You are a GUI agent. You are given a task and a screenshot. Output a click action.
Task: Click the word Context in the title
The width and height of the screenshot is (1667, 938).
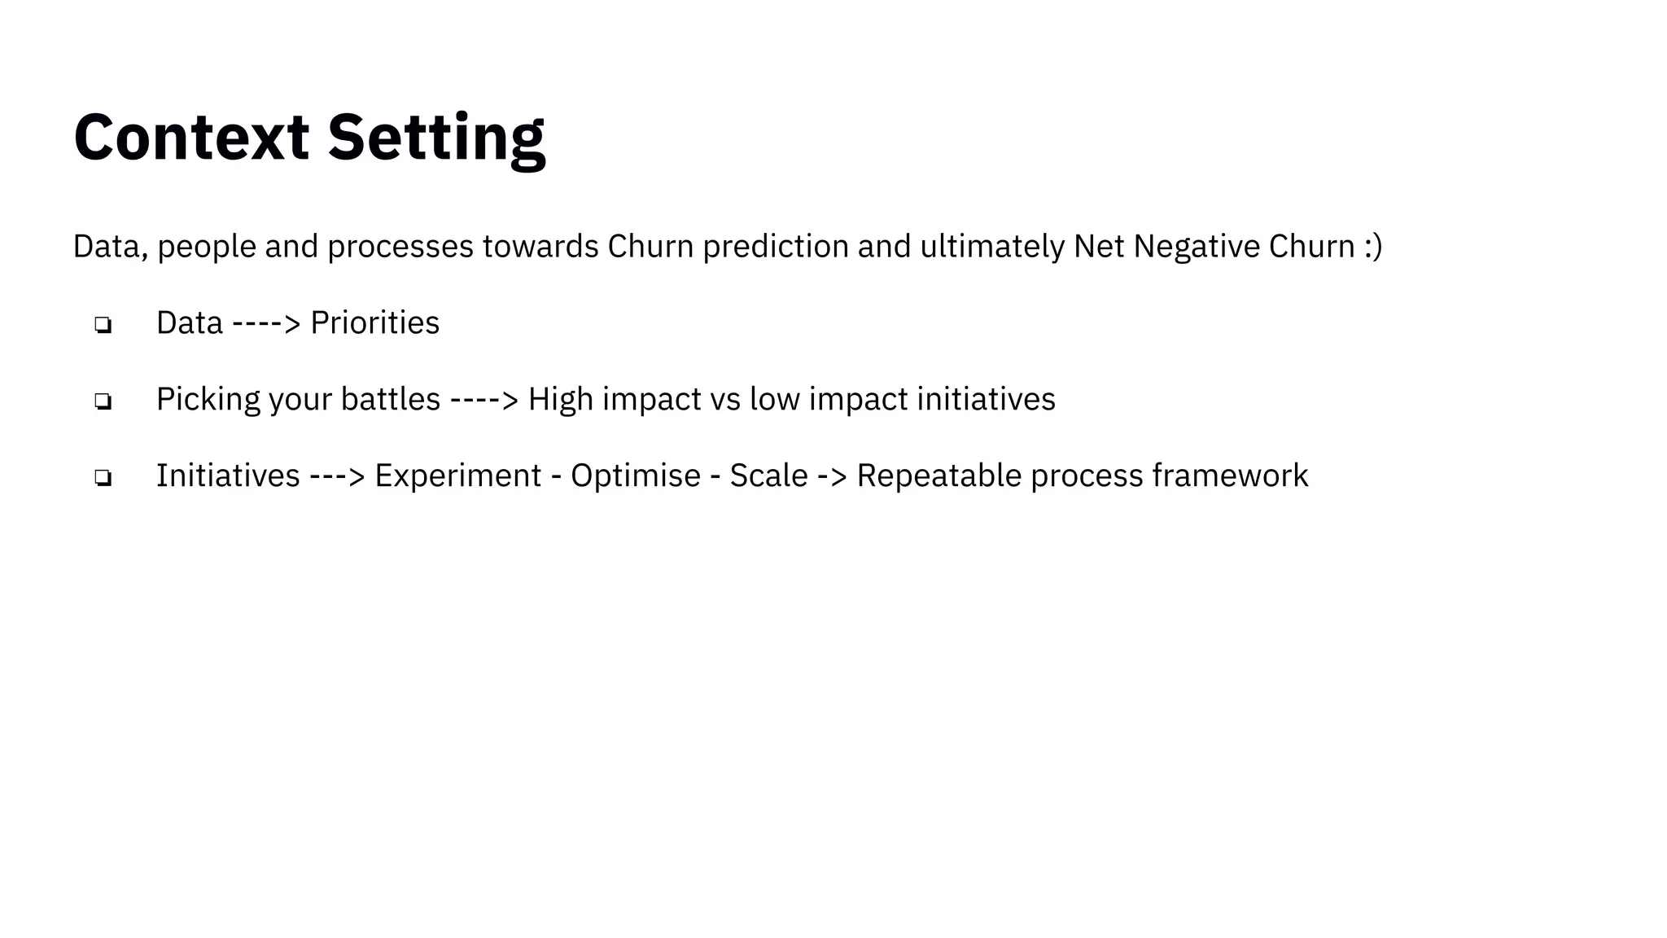[191, 137]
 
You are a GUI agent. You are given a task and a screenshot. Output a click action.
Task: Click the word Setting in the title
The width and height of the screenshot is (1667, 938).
[435, 137]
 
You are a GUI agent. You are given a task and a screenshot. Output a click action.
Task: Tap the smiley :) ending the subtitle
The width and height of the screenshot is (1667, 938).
[1372, 246]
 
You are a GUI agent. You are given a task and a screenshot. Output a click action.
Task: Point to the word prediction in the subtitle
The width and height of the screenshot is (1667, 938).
[775, 246]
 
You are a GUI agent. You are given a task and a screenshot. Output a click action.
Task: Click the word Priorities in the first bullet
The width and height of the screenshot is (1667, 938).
[374, 322]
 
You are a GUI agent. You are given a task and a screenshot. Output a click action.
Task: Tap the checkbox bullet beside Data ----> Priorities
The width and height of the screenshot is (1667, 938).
[103, 325]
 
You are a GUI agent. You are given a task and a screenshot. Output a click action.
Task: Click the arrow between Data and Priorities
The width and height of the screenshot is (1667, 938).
[266, 323]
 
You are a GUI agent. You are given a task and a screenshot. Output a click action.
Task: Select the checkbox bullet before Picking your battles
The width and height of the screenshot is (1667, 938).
[103, 401]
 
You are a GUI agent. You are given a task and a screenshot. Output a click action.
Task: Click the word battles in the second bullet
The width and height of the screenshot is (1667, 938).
[390, 399]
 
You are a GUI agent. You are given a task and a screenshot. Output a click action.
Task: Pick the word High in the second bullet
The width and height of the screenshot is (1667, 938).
[560, 399]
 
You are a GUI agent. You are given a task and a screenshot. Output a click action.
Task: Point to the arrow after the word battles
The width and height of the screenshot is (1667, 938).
[483, 400]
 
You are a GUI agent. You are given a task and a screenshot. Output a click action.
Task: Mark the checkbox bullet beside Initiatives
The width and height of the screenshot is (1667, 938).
[103, 478]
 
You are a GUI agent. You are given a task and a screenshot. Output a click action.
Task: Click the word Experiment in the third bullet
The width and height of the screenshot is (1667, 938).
[457, 476]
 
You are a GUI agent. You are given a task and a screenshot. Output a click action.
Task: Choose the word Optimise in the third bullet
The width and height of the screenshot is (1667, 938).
[635, 476]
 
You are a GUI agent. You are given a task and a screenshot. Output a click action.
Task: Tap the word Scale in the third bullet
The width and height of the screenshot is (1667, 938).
[768, 476]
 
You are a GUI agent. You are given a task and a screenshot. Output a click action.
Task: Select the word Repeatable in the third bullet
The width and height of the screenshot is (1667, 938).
[939, 476]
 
